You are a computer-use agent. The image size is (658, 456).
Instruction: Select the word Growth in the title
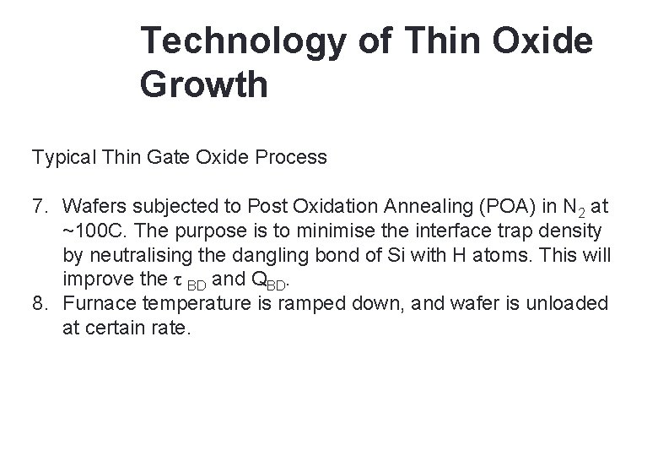pyautogui.click(x=205, y=84)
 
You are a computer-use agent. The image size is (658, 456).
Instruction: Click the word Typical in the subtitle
pyautogui.click(x=62, y=157)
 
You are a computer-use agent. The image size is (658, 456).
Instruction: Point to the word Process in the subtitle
pyautogui.click(x=295, y=157)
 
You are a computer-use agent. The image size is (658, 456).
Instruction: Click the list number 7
pyautogui.click(x=39, y=206)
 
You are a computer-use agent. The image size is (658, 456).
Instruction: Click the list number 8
pyautogui.click(x=39, y=304)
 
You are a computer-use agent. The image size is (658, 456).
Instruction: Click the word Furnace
pyautogui.click(x=98, y=304)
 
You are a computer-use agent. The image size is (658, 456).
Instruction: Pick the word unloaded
pyautogui.click(x=566, y=304)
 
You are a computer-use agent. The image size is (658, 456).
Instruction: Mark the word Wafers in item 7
pyautogui.click(x=91, y=206)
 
